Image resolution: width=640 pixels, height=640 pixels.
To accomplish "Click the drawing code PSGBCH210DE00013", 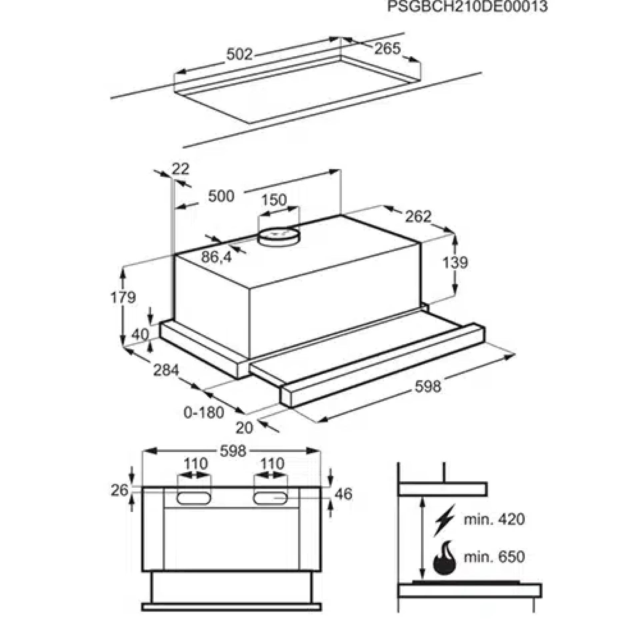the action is (x=467, y=6).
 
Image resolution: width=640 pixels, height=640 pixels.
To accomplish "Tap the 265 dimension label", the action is (x=387, y=49).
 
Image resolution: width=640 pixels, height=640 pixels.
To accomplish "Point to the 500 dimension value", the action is (x=221, y=196).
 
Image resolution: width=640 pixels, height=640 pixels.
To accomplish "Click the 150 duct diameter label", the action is (x=274, y=200).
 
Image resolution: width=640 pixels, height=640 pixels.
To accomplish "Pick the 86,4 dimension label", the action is (x=216, y=257).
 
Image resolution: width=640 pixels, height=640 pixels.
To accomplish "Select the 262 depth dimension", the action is (x=418, y=217).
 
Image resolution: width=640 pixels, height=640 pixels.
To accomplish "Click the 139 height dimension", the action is (x=455, y=262).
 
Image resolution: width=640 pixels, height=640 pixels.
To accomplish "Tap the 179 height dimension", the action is (x=123, y=297).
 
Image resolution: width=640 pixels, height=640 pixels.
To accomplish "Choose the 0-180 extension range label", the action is (x=204, y=413).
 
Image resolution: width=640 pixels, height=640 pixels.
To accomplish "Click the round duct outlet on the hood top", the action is (x=279, y=237).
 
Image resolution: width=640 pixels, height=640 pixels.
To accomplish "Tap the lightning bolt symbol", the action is (x=444, y=521).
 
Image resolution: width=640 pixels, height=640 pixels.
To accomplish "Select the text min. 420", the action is (x=494, y=519).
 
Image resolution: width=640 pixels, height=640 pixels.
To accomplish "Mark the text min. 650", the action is (x=494, y=557).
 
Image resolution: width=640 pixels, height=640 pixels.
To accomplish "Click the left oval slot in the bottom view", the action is (x=194, y=498).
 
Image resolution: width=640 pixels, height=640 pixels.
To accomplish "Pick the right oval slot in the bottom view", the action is (x=271, y=498).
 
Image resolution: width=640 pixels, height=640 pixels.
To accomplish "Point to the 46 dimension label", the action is (x=343, y=494).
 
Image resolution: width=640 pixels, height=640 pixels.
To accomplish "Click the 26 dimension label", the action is (x=120, y=490).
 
